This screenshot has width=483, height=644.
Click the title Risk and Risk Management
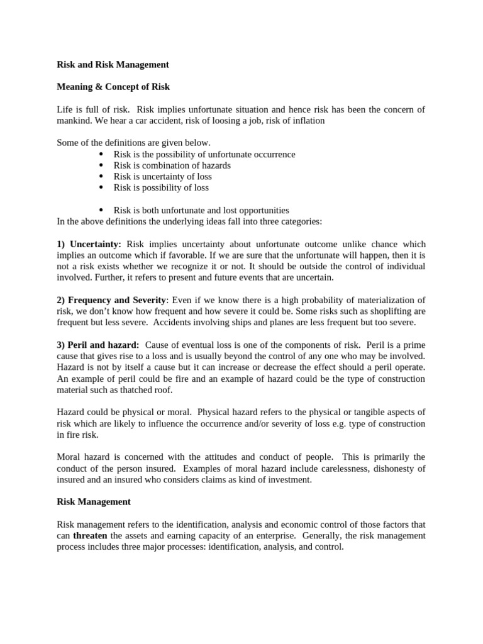[x=113, y=64]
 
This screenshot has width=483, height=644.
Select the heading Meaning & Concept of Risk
[x=113, y=87]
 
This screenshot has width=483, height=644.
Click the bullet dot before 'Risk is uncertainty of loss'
[x=101, y=177]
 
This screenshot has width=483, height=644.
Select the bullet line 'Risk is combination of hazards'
[x=172, y=165]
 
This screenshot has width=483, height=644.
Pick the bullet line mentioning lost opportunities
[x=201, y=211]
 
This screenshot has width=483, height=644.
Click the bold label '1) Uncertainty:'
[x=89, y=244]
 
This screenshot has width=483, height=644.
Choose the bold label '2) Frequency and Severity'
[x=111, y=300]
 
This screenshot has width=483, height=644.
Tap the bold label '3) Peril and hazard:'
[x=97, y=345]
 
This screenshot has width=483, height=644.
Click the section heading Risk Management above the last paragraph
[x=94, y=502]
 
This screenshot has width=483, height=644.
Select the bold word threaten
[x=90, y=536]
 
